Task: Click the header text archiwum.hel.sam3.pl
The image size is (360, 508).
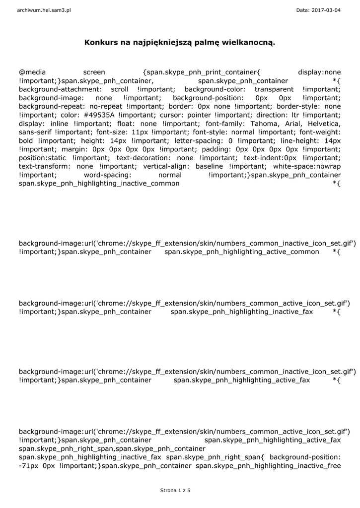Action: pyautogui.click(x=44, y=10)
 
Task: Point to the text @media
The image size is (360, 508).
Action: pyautogui.click(x=32, y=72)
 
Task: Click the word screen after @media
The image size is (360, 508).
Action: pyautogui.click(x=94, y=72)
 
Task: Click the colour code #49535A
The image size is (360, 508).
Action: pyautogui.click(x=97, y=115)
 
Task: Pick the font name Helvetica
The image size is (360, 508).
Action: pyautogui.click(x=323, y=123)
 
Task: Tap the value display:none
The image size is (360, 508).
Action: pyautogui.click(x=319, y=72)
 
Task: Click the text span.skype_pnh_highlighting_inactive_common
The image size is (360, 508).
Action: pyautogui.click(x=99, y=184)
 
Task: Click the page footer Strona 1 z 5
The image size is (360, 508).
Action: pyautogui.click(x=175, y=490)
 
